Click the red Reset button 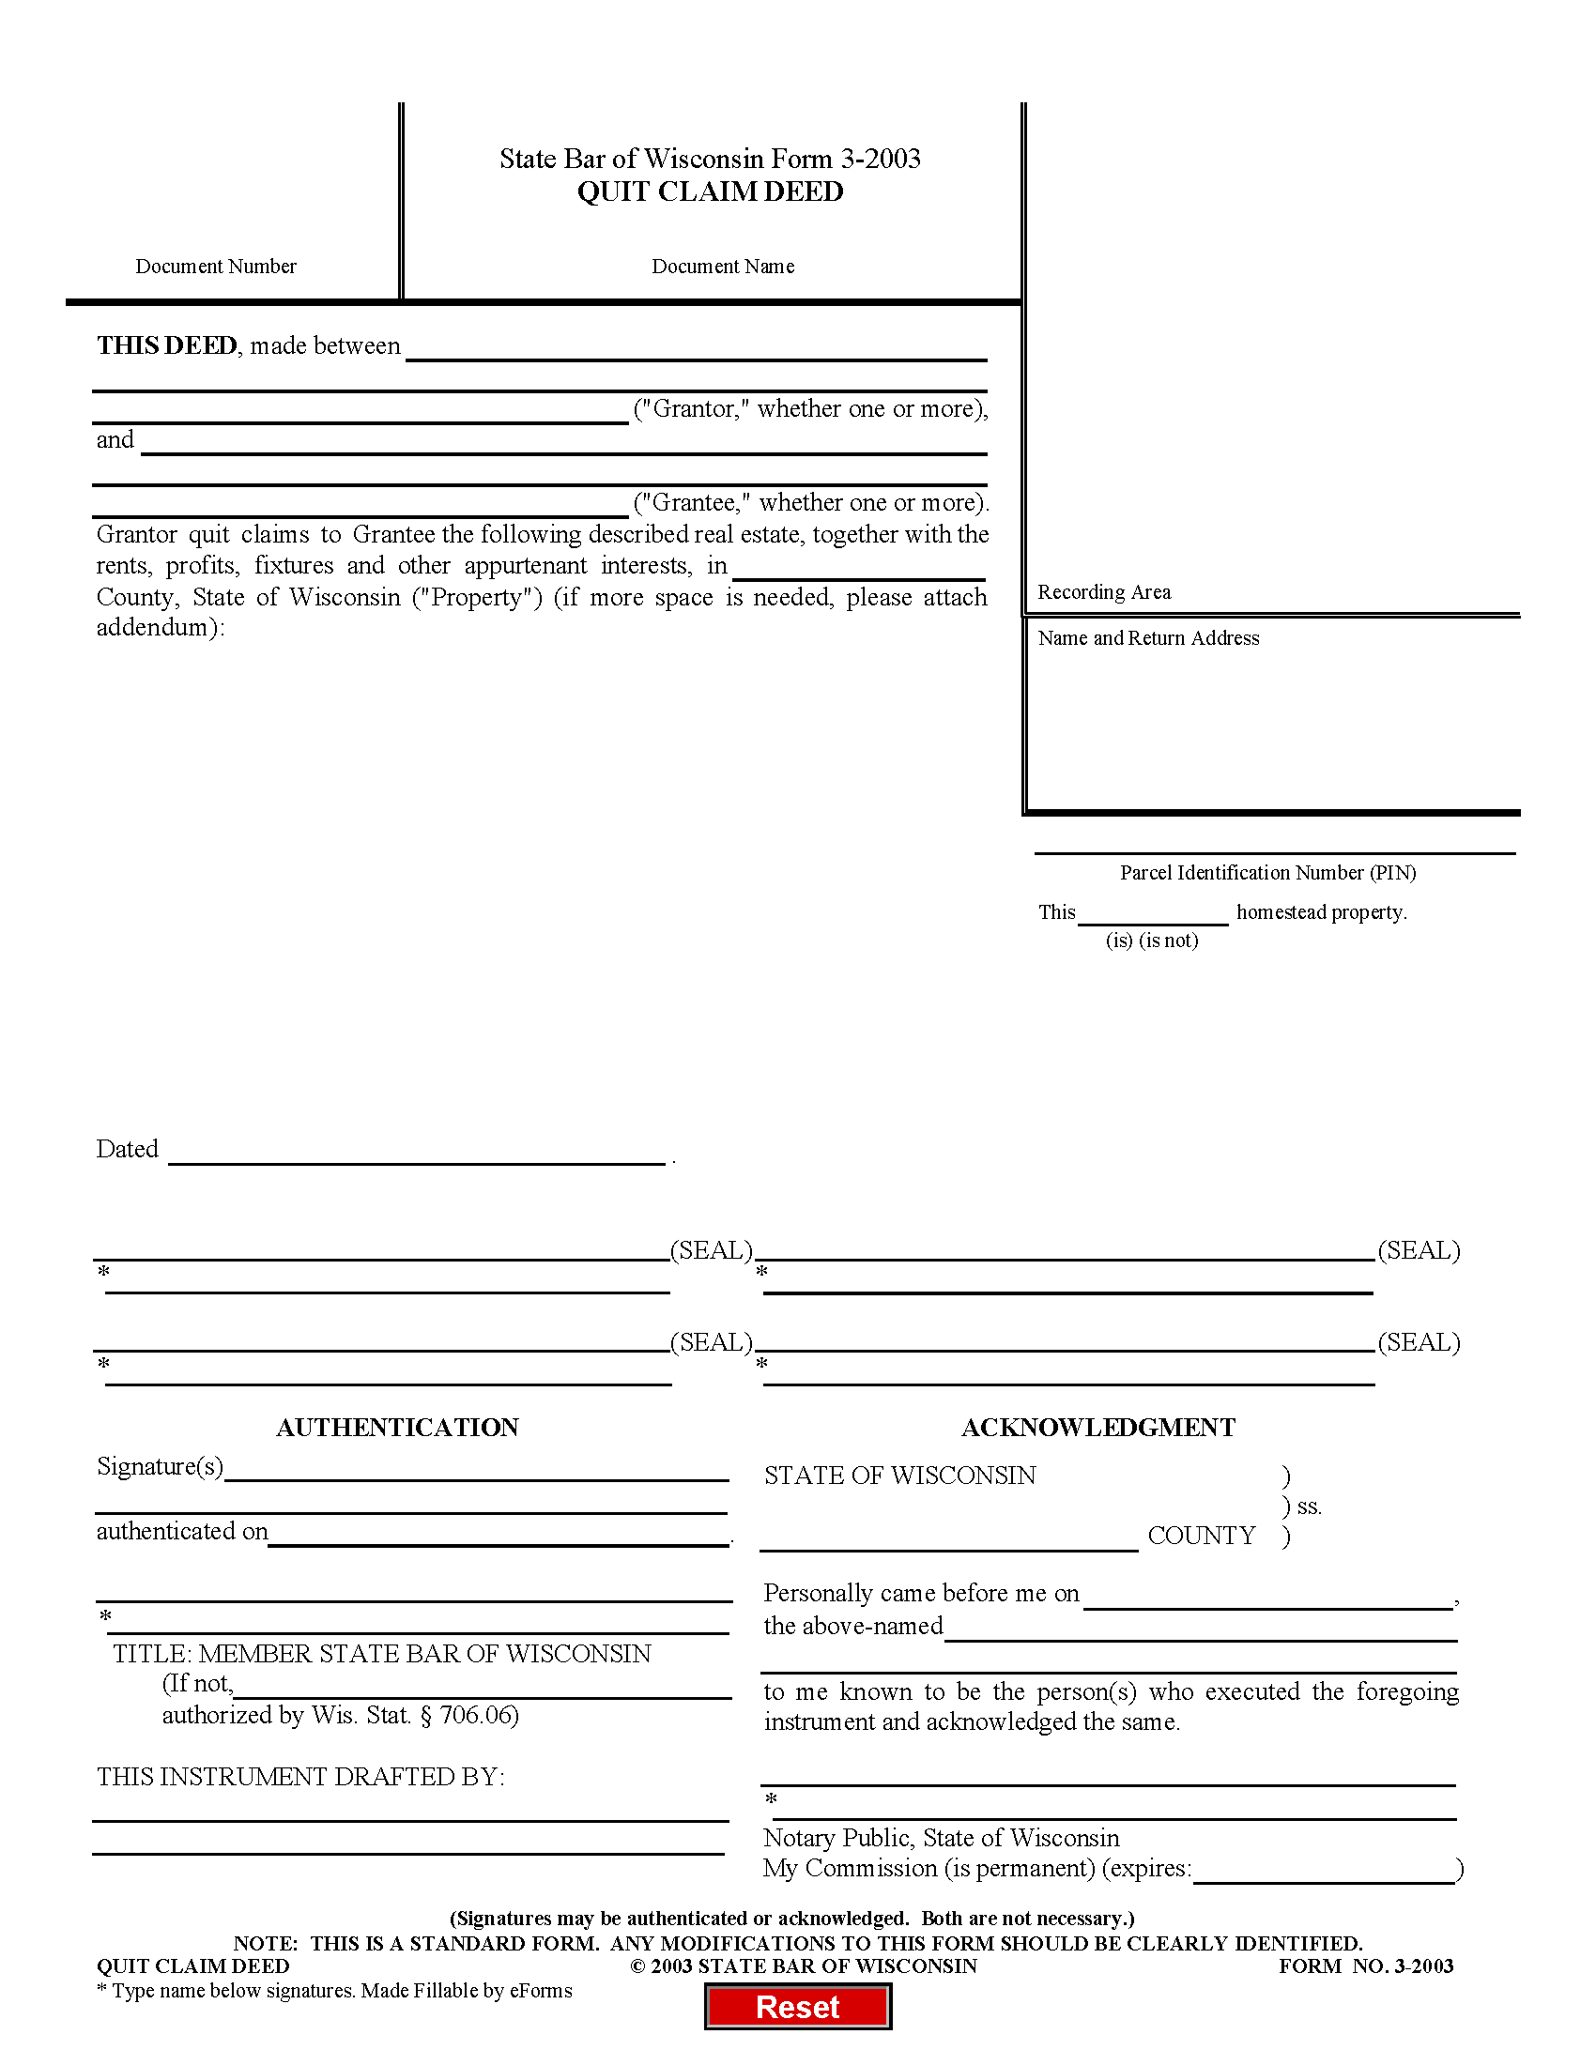pos(797,2007)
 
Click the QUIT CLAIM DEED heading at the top pos(710,191)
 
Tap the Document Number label pos(216,267)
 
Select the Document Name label pos(722,267)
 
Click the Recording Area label pos(1103,592)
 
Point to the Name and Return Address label pos(1148,638)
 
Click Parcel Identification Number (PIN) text pos(1267,873)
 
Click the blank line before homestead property pos(1153,913)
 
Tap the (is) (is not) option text pos(1152,941)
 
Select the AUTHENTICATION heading pos(397,1428)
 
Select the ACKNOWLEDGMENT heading pos(1097,1428)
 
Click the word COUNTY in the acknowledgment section pos(1201,1536)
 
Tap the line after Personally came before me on pos(1267,1598)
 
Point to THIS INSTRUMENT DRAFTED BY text pos(300,1777)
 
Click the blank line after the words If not pos(483,1688)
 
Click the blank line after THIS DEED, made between pos(697,350)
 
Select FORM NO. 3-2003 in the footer pos(1365,1966)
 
